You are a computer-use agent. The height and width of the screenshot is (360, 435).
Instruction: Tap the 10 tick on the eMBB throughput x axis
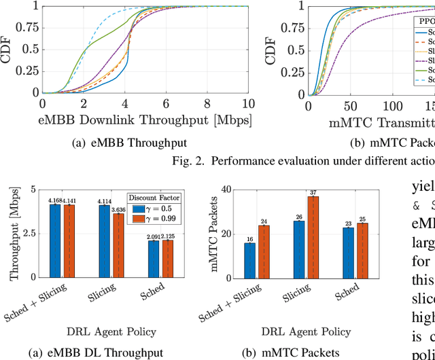click(248, 103)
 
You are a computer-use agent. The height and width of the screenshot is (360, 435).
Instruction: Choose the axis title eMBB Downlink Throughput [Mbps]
click(145, 121)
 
